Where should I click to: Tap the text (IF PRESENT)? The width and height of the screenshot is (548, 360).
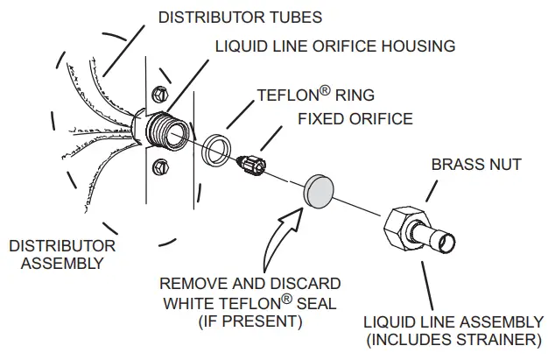click(x=251, y=322)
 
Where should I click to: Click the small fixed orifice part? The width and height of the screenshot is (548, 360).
click(x=252, y=164)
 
